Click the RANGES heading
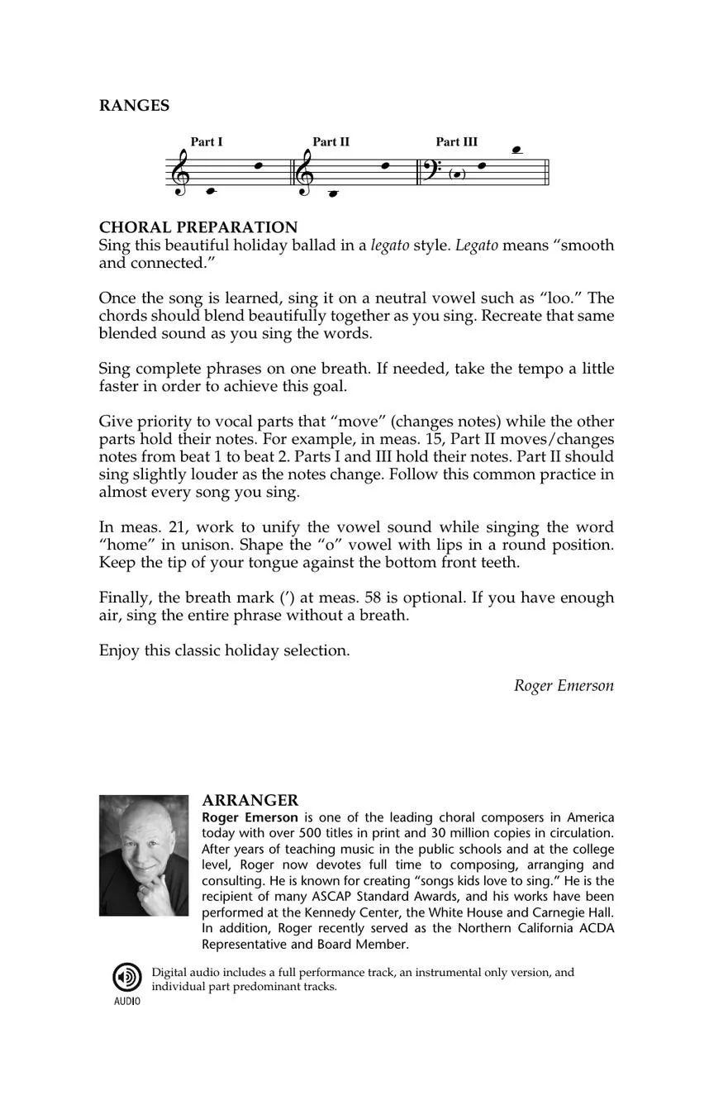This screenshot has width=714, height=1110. click(x=134, y=106)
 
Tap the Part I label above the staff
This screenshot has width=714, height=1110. click(x=207, y=142)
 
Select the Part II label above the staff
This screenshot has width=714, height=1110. click(x=331, y=142)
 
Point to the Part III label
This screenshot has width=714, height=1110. click(x=456, y=142)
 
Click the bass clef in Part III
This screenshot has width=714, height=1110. click(x=432, y=169)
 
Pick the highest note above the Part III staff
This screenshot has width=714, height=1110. click(x=517, y=150)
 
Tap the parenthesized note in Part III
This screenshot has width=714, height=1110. click(x=457, y=174)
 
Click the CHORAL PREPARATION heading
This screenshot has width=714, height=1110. click(x=198, y=227)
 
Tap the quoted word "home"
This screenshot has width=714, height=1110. click(x=123, y=545)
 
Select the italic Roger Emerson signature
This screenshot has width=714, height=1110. click(x=564, y=685)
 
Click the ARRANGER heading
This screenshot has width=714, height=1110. click(x=250, y=800)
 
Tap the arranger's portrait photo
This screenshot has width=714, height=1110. click(x=144, y=855)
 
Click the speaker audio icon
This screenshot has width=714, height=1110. click(x=126, y=978)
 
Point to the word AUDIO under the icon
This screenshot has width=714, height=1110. click(x=126, y=1002)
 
